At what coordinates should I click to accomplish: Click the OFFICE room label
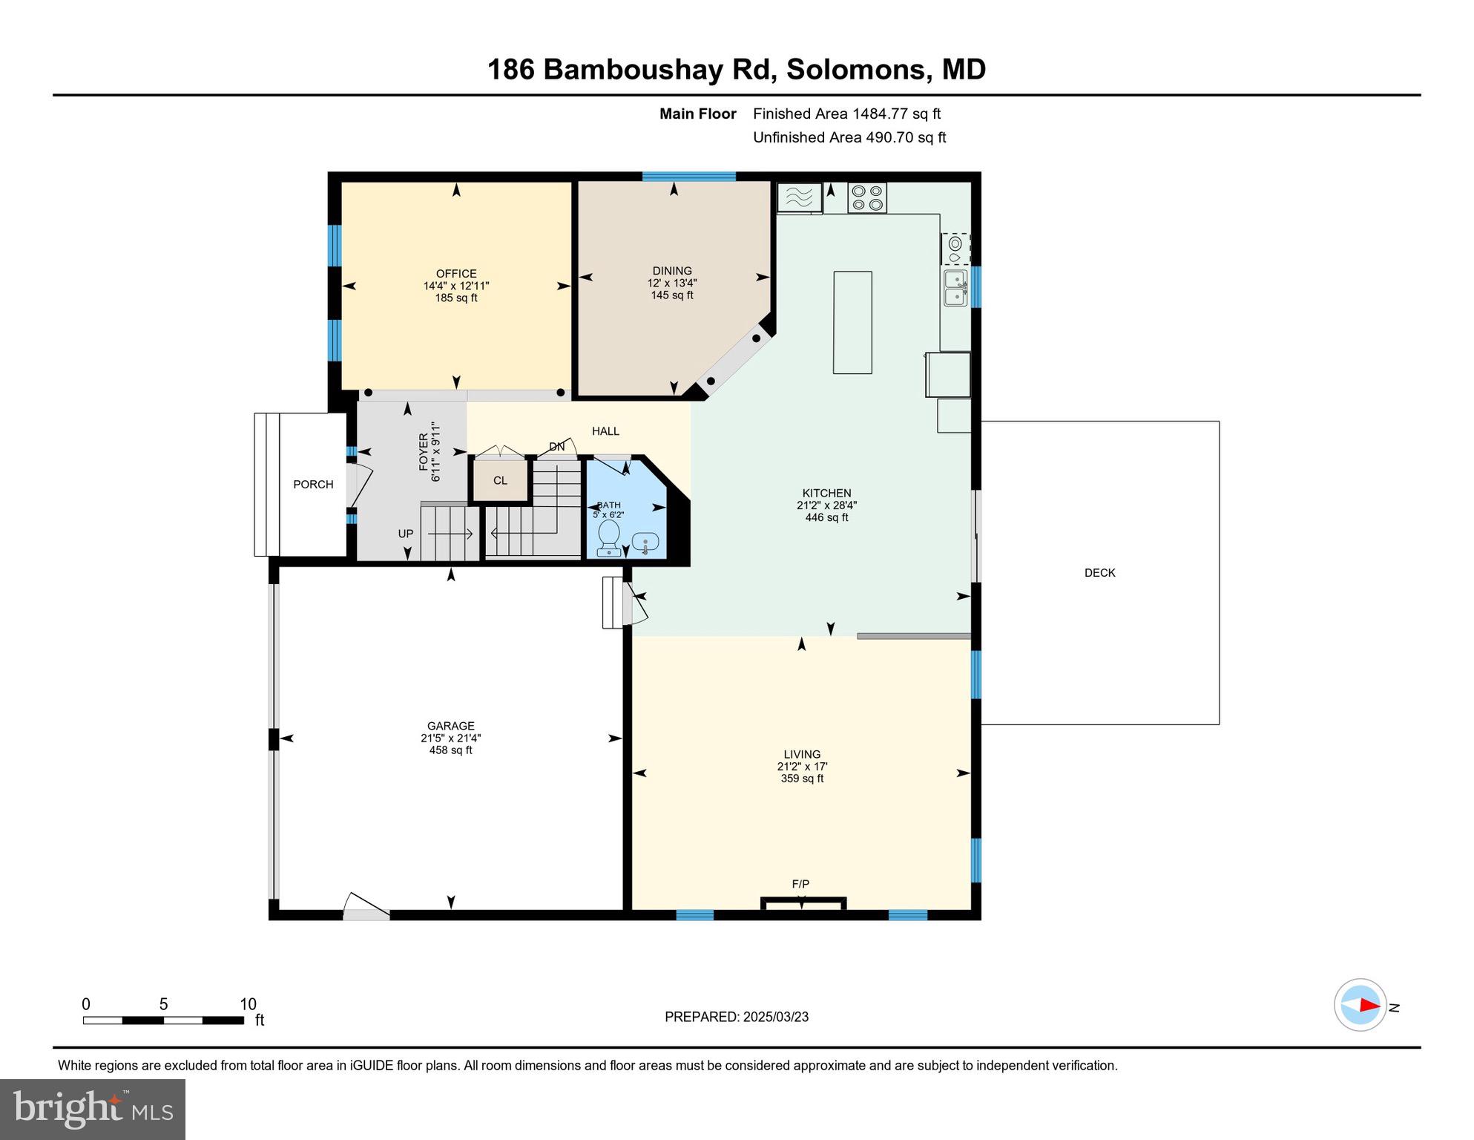[455, 274]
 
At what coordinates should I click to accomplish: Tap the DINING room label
[672, 271]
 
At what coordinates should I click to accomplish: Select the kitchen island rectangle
[852, 322]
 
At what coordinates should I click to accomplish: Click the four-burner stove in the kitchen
[867, 197]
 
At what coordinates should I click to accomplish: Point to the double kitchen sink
[955, 288]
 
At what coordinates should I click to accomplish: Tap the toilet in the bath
[609, 537]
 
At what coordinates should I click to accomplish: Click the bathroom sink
[645, 543]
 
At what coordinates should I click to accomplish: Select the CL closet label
[500, 480]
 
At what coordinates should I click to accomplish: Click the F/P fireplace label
[800, 884]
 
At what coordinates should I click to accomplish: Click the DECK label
[1099, 573]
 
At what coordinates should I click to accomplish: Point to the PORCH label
[313, 485]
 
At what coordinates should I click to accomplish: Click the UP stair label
[405, 534]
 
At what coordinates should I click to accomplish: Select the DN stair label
[556, 447]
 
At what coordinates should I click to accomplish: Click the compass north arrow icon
[1361, 1005]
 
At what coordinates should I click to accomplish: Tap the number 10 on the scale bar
[248, 1004]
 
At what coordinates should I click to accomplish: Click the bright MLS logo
[93, 1109]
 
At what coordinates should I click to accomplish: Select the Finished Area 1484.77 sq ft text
[846, 114]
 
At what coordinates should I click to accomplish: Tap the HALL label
[605, 431]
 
